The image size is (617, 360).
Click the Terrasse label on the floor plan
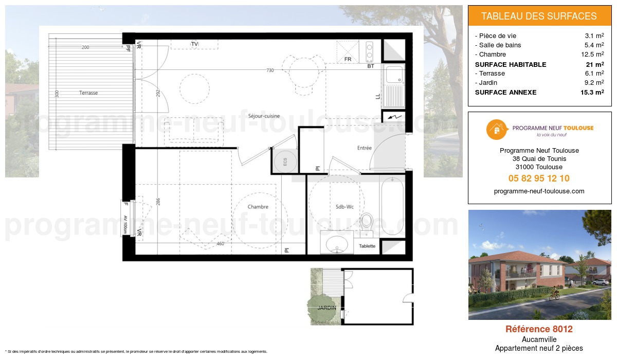(x=88, y=93)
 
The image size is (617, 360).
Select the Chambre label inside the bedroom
(x=258, y=207)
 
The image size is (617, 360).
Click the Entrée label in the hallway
(x=364, y=148)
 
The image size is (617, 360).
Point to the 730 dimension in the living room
(x=269, y=70)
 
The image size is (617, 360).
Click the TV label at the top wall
(x=194, y=44)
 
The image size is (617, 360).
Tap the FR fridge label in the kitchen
(x=348, y=60)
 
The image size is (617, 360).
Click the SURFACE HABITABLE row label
(x=511, y=64)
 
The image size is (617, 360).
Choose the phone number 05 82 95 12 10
(x=539, y=178)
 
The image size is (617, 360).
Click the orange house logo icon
(x=495, y=130)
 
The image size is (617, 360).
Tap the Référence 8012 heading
(x=539, y=329)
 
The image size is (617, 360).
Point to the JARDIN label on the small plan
(x=326, y=308)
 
